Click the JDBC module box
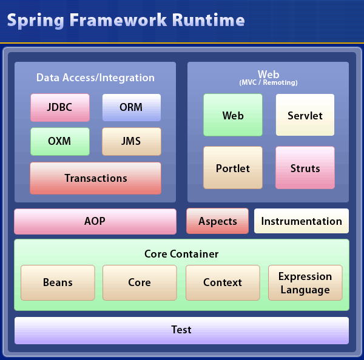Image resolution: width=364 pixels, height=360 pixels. click(60, 107)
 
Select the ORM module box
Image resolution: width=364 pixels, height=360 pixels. click(131, 107)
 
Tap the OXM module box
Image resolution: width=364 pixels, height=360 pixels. click(60, 141)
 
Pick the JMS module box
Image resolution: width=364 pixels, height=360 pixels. click(131, 141)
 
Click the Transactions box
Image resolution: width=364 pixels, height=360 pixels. click(95, 178)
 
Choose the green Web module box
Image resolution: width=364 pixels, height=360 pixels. click(233, 115)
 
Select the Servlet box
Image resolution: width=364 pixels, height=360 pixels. click(305, 115)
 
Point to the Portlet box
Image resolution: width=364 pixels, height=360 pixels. click(233, 168)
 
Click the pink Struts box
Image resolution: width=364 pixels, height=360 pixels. click(305, 168)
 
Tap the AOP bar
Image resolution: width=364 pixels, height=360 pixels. click(95, 221)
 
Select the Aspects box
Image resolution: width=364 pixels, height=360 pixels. click(217, 221)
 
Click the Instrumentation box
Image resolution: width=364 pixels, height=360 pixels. click(302, 221)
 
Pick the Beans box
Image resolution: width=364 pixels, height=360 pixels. click(58, 282)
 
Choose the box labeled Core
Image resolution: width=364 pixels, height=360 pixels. click(140, 282)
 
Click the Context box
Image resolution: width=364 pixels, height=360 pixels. click(223, 282)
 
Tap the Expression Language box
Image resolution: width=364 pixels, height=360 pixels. click(305, 282)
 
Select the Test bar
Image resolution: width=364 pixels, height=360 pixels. click(181, 330)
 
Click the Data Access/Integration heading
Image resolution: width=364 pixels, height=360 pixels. click(95, 78)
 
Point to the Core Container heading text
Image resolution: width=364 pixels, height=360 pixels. click(181, 254)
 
